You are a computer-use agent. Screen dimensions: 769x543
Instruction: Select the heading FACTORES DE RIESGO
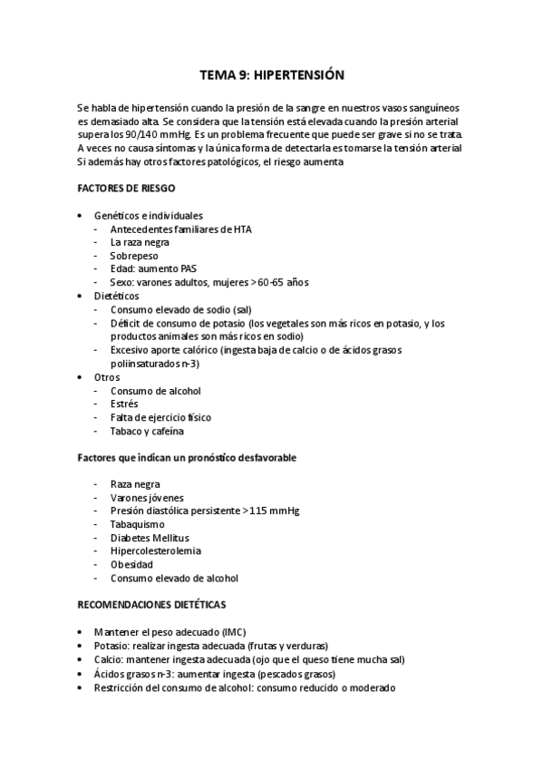click(126, 189)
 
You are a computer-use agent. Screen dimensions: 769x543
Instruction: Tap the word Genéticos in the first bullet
click(117, 216)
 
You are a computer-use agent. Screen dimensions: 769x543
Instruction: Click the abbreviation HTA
click(241, 229)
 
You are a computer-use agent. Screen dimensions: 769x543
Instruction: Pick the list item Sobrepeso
click(133, 256)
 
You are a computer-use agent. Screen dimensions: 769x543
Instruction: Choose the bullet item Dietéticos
click(116, 296)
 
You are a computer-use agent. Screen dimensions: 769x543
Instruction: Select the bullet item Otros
click(106, 376)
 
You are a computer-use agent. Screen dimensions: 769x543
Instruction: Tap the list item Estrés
click(125, 404)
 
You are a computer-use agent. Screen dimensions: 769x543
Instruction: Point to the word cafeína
click(164, 431)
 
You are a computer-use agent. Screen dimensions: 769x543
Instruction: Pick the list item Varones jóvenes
click(147, 498)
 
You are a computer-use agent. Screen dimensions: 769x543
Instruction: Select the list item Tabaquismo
click(138, 524)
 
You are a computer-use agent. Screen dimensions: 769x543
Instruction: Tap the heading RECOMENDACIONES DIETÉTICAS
click(152, 604)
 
